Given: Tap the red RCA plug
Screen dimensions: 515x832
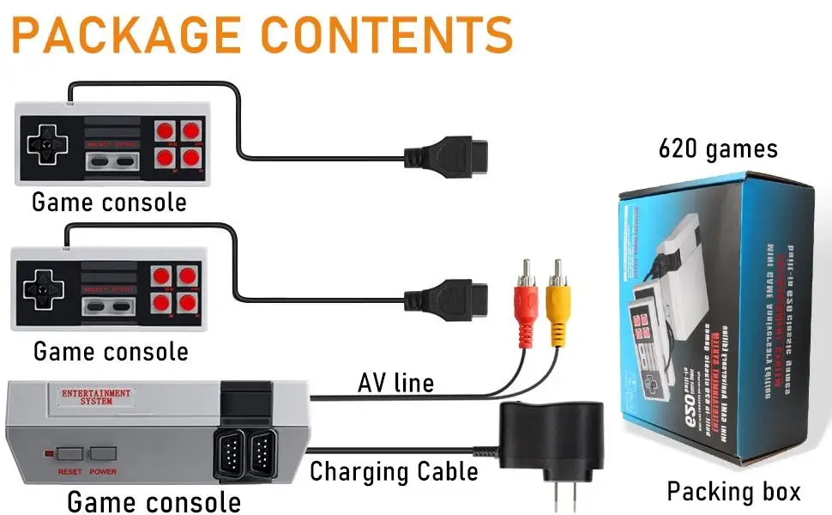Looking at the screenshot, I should pos(525,305).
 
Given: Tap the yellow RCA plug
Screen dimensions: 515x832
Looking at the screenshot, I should pos(557,305).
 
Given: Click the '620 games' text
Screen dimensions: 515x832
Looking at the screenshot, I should pos(718,149).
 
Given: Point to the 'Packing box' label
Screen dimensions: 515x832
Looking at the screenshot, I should pos(733,492).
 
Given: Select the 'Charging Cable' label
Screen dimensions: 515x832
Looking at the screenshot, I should pos(394,471).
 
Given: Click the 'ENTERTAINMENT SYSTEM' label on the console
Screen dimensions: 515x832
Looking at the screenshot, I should pos(96,397).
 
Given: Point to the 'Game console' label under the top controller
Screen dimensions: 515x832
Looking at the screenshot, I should pos(109,203).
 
